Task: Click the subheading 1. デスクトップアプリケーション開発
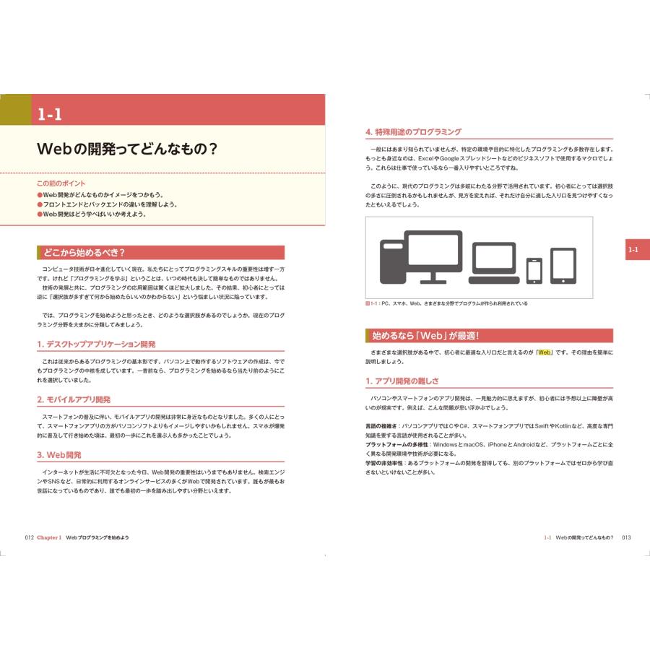pyautogui.click(x=95, y=344)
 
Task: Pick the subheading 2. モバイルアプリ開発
pyautogui.click(x=73, y=399)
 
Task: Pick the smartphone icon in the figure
pyautogui.click(x=534, y=270)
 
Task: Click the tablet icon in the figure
pyautogui.click(x=563, y=266)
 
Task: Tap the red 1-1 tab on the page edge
pyautogui.click(x=633, y=250)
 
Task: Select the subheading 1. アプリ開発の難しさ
pyautogui.click(x=402, y=381)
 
